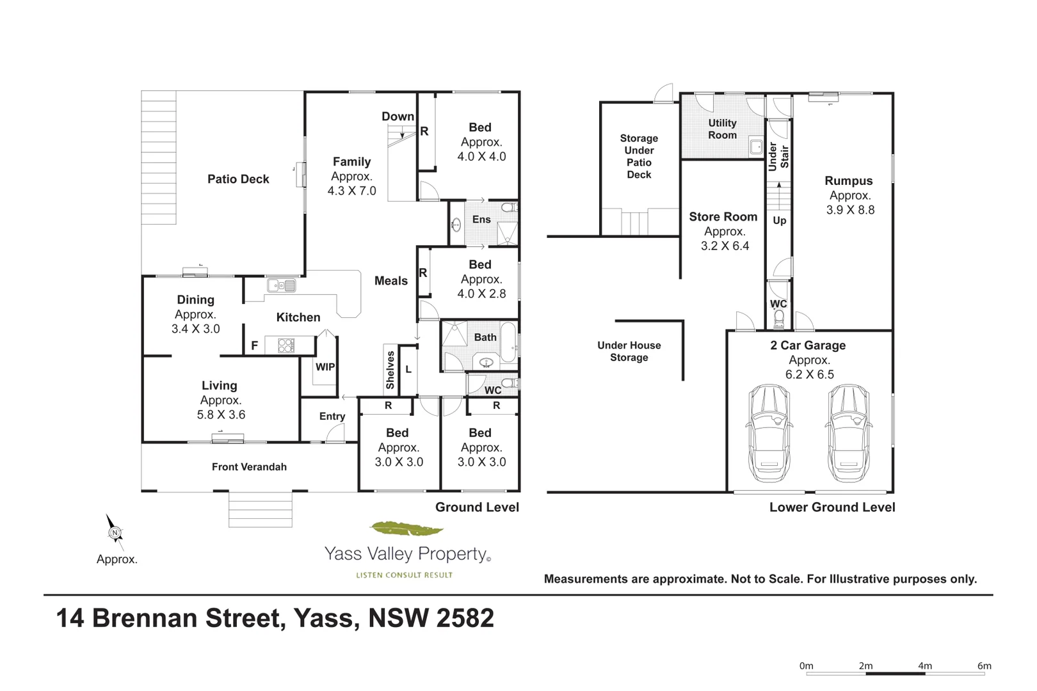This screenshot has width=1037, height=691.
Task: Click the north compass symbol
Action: [x=115, y=532]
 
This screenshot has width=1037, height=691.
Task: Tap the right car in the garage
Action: [x=848, y=433]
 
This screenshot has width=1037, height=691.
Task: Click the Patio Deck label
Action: [x=238, y=179]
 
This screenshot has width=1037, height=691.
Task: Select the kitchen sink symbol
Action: [x=282, y=285]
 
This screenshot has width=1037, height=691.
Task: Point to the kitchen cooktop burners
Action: [x=286, y=345]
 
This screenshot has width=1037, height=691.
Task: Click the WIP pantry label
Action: [x=325, y=367]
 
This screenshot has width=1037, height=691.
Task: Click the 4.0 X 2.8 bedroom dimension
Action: [x=481, y=294]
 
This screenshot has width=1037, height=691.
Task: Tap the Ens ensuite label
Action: [x=481, y=219]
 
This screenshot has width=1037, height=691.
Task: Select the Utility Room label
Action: [x=722, y=129]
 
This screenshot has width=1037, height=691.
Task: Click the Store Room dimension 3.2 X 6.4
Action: [x=725, y=246]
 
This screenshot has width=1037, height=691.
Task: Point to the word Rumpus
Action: [x=849, y=181]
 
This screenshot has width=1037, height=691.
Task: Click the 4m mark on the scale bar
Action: [x=925, y=666]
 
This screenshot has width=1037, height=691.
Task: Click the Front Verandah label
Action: [x=249, y=467]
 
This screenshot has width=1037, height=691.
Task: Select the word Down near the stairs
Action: [x=398, y=116]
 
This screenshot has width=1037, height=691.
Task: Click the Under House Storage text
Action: [x=629, y=351]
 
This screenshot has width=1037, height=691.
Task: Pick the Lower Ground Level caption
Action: [x=832, y=507]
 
